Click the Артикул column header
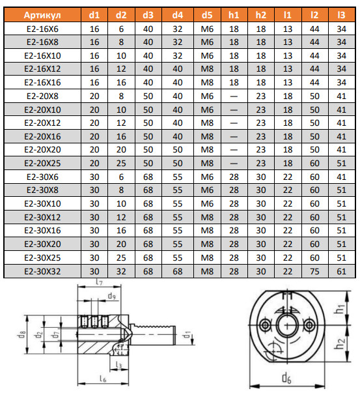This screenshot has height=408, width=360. click(x=42, y=15)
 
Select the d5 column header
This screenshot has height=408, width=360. click(x=207, y=15)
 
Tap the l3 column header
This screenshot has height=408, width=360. click(x=341, y=15)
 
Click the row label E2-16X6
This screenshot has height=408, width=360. click(x=42, y=29)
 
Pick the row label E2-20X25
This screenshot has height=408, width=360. click(x=42, y=163)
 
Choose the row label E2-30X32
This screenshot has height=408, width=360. click(x=42, y=271)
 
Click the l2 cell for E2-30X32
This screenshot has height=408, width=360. click(x=314, y=271)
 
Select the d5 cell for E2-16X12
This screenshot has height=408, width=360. click(x=207, y=68)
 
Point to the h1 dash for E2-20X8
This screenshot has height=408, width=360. click(x=234, y=96)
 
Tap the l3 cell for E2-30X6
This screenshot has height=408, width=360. click(x=341, y=177)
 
